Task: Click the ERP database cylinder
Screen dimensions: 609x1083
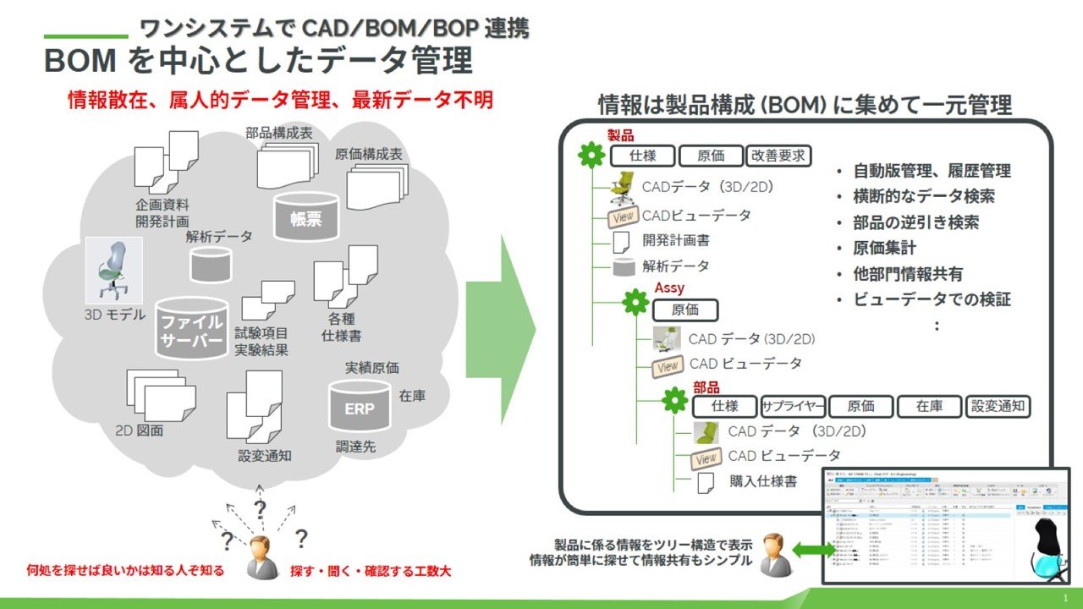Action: (360, 407)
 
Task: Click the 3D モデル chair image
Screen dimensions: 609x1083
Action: (113, 270)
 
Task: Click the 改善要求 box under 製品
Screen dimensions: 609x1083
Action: (779, 156)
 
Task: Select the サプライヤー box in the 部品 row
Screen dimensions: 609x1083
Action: (793, 406)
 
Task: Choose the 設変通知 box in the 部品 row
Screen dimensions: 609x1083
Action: (998, 406)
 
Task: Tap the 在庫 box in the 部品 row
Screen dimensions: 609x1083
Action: (930, 406)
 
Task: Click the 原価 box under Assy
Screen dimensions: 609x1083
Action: (685, 310)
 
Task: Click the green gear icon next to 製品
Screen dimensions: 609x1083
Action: (591, 156)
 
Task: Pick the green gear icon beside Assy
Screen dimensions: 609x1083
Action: (635, 303)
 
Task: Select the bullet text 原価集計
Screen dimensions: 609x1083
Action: (884, 249)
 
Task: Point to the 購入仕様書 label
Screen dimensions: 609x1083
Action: (762, 481)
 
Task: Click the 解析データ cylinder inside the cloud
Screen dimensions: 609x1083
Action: (212, 264)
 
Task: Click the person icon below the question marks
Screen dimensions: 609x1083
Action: (262, 557)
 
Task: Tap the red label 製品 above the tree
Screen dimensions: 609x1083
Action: (620, 135)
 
